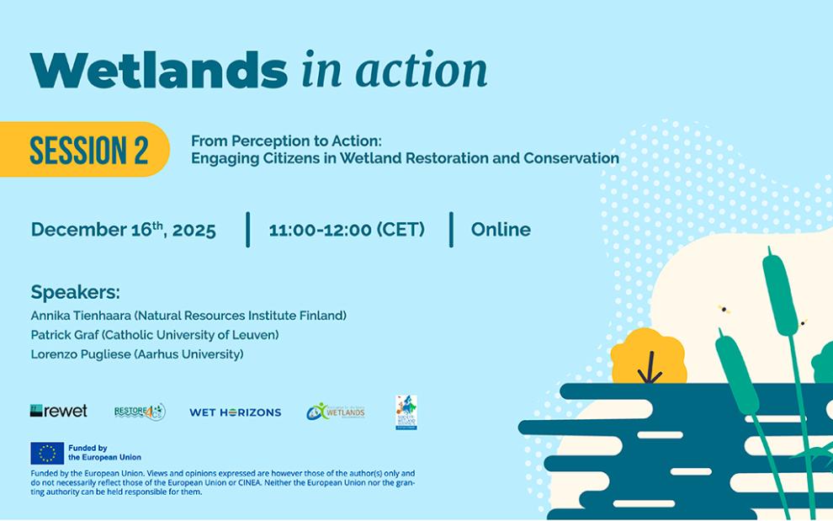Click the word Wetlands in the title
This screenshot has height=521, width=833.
158,71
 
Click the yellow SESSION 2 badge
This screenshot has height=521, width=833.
88,150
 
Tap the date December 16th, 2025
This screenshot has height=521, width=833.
124,230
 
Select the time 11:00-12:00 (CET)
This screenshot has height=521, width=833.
347,230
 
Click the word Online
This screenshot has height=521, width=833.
501,230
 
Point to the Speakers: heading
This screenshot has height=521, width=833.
75,293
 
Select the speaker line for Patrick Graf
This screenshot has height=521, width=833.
155,335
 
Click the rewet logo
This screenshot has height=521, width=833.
59,411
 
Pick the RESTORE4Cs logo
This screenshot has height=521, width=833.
140,412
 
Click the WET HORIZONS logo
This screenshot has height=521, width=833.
235,412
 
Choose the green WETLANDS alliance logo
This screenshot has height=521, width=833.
336,412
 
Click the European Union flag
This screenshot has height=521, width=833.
47,453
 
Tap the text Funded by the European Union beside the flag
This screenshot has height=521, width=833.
104,453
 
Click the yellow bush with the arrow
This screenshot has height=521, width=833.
648,358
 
